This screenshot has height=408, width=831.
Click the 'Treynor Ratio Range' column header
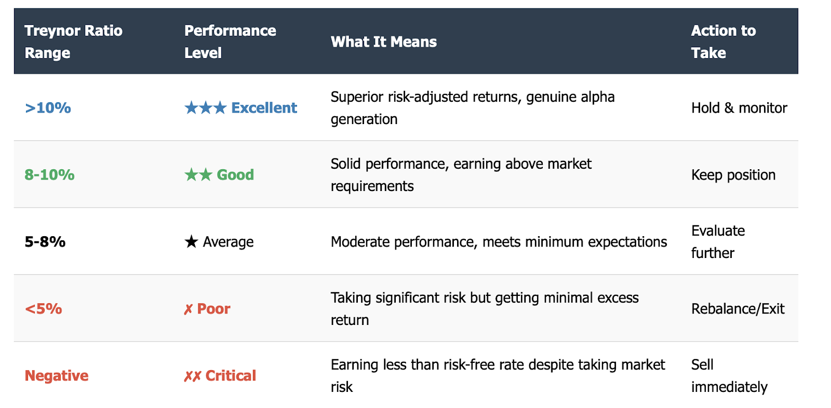point(73,42)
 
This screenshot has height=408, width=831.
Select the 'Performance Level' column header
point(230,42)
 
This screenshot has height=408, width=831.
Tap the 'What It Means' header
point(384,42)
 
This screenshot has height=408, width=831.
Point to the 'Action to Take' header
point(723,42)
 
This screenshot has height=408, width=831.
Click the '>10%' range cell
point(48,108)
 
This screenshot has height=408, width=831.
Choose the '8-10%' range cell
point(49,175)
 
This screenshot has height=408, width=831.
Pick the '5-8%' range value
point(45,242)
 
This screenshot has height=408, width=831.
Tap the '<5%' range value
point(44,309)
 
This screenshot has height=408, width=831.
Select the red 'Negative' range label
point(57,376)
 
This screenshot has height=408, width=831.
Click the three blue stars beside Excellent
point(206,107)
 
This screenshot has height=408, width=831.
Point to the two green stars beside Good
point(198,174)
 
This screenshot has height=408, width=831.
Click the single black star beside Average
point(191,241)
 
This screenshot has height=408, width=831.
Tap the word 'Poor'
point(213,309)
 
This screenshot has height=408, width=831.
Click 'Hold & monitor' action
point(739,108)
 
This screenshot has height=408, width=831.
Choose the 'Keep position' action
point(733,175)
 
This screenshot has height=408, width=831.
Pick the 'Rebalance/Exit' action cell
point(738,309)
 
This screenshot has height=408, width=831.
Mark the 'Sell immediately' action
point(729,376)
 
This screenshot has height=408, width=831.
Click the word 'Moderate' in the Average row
point(360,242)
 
